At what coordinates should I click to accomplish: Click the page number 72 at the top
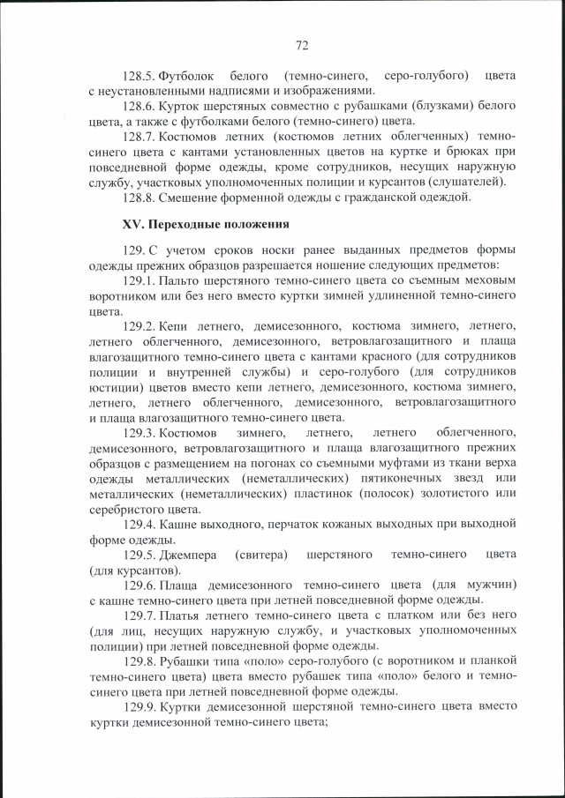(301, 45)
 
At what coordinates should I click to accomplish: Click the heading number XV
(133, 224)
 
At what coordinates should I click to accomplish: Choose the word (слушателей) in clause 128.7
(463, 181)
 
